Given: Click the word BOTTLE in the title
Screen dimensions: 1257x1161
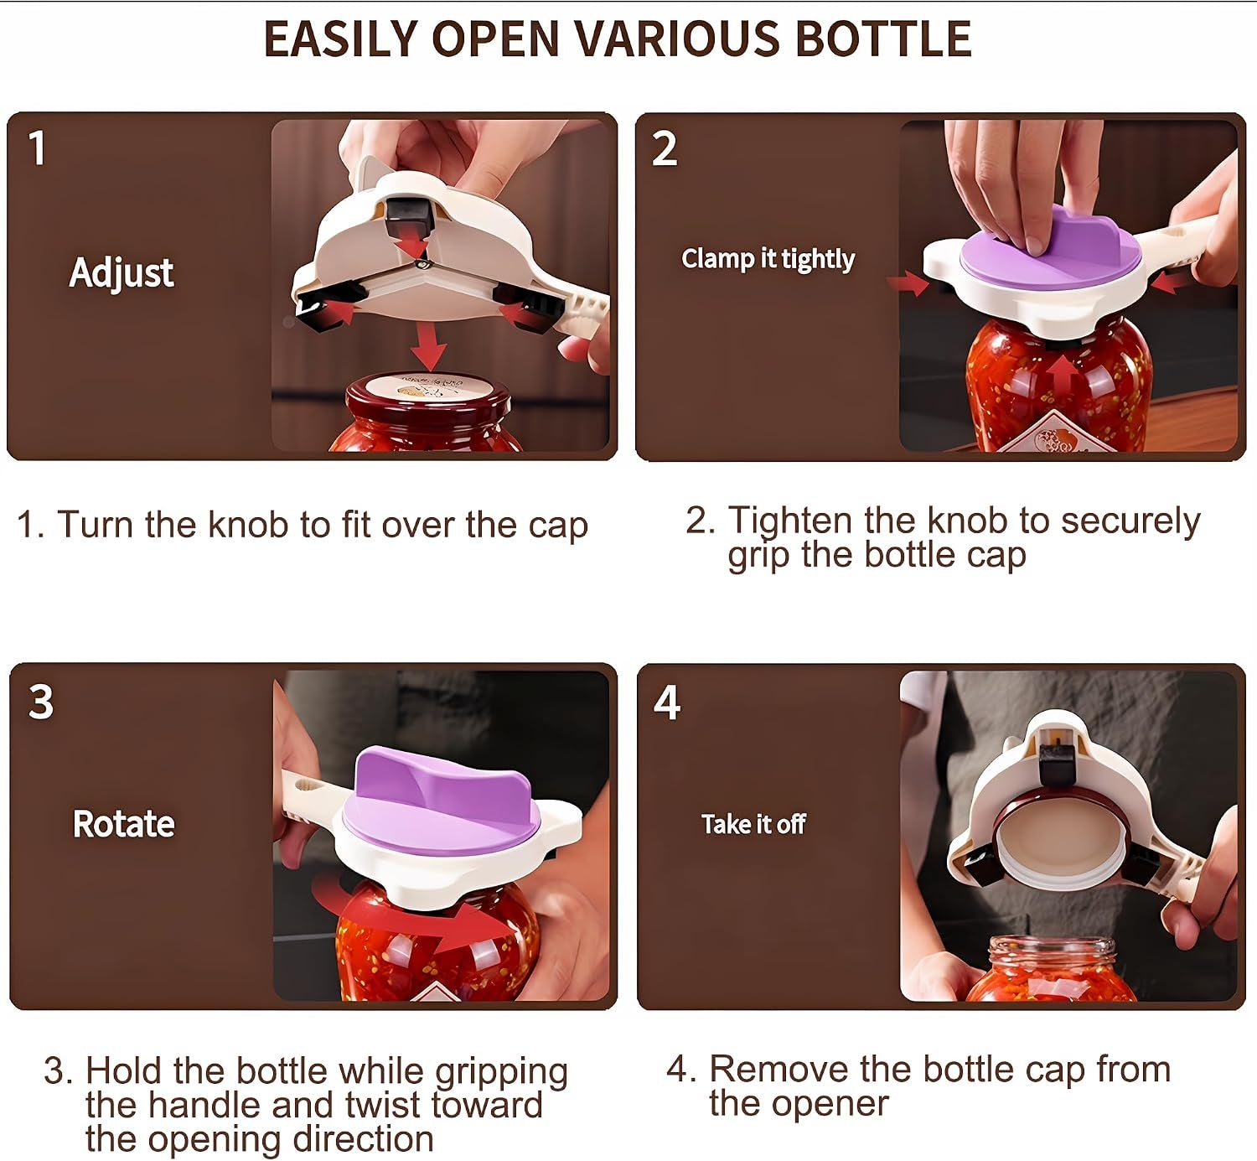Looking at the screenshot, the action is click(883, 39).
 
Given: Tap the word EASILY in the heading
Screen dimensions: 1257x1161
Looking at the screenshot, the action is click(341, 39).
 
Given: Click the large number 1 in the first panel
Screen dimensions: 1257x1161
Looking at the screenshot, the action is click(38, 148).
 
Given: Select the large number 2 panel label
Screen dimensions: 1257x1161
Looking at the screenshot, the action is click(665, 149).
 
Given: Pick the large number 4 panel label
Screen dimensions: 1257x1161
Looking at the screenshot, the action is click(667, 702).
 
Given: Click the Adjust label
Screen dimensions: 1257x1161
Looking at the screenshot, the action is click(122, 273).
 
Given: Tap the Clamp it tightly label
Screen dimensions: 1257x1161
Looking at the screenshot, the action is click(768, 259).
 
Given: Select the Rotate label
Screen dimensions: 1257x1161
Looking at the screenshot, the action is click(123, 824).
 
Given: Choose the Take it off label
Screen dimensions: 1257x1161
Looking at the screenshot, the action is click(753, 824).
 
